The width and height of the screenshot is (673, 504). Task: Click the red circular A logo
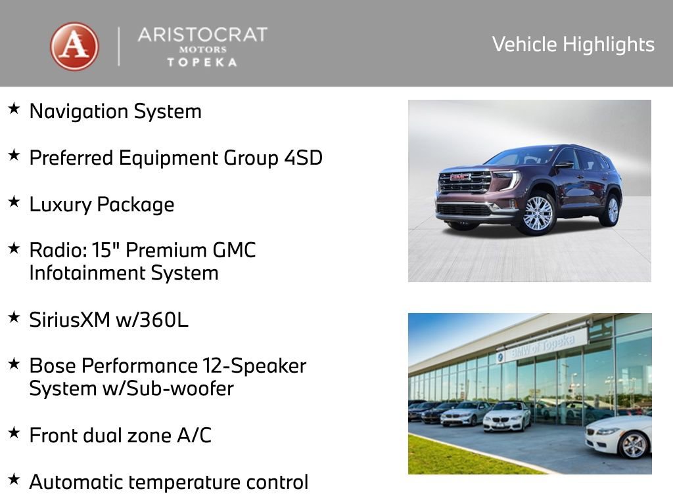(74, 47)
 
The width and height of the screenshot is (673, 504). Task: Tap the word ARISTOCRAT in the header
(202, 35)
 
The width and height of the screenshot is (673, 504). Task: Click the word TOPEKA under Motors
(202, 62)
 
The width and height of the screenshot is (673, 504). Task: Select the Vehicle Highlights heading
(573, 44)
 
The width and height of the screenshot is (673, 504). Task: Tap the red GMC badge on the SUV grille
(461, 177)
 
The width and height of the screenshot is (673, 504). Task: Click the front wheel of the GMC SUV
(538, 213)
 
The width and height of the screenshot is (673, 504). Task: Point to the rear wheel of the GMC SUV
(612, 209)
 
